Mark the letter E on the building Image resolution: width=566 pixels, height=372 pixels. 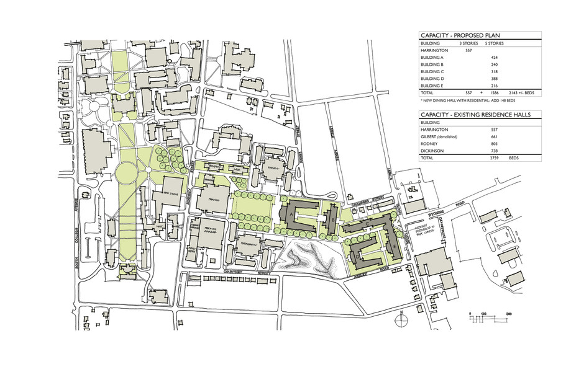coord(396,247)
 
